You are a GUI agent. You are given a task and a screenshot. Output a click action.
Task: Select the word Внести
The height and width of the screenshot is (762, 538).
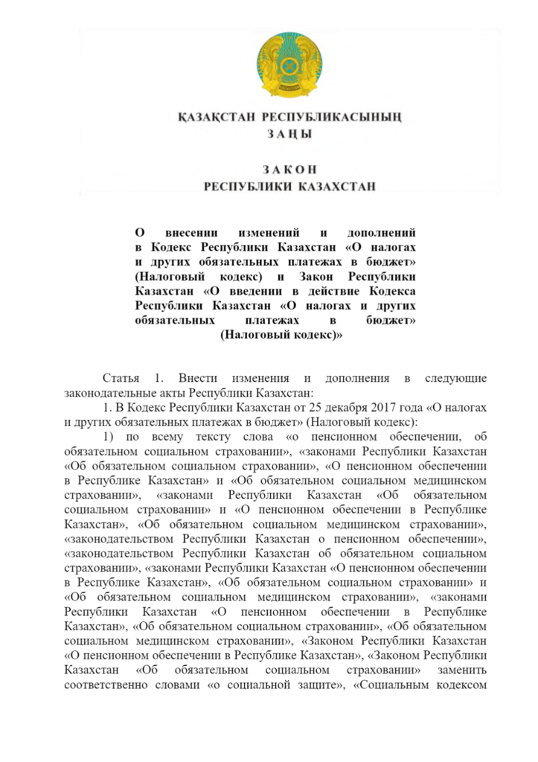point(196,378)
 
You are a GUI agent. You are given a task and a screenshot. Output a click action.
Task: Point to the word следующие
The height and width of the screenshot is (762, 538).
point(455,378)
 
